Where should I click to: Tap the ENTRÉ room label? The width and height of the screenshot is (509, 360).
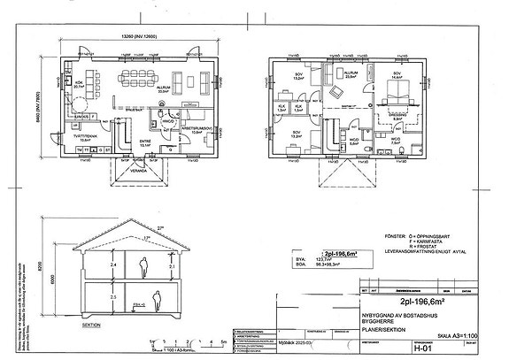tap(146, 140)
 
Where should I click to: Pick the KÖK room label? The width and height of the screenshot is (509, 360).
tap(79, 85)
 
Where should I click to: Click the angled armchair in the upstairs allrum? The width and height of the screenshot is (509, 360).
tap(337, 92)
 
